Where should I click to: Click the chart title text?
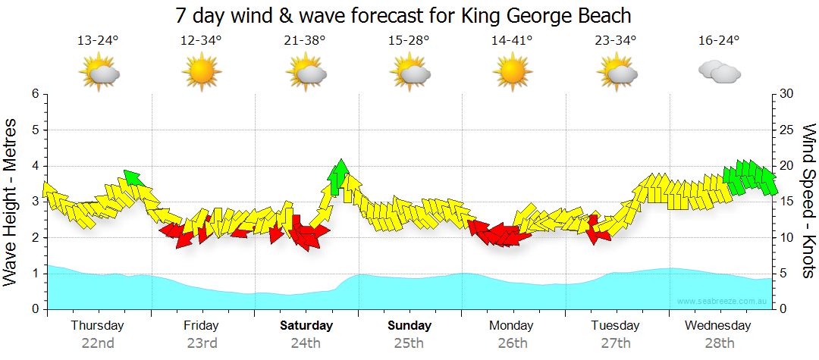pos(403,15)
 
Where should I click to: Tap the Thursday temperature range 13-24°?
pos(98,40)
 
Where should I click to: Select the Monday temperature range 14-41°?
pos(513,40)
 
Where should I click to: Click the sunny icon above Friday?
pos(201,73)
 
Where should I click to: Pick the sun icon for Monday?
pos(513,73)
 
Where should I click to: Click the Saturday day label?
pos(306,326)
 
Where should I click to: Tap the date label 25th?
pos(409,343)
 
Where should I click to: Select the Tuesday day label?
pos(615,326)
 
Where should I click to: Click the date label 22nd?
pos(98,343)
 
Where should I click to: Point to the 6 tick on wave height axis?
pos(34,94)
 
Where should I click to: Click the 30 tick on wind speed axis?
pos(786,94)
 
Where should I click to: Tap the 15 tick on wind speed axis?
pos(786,202)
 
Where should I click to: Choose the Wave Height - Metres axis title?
pos(12,201)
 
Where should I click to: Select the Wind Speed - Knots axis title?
pos(807,201)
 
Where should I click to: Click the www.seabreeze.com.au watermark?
pos(722,301)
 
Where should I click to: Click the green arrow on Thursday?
pos(133,178)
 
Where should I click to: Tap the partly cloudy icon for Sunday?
pos(410,73)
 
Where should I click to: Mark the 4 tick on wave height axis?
pos(34,166)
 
